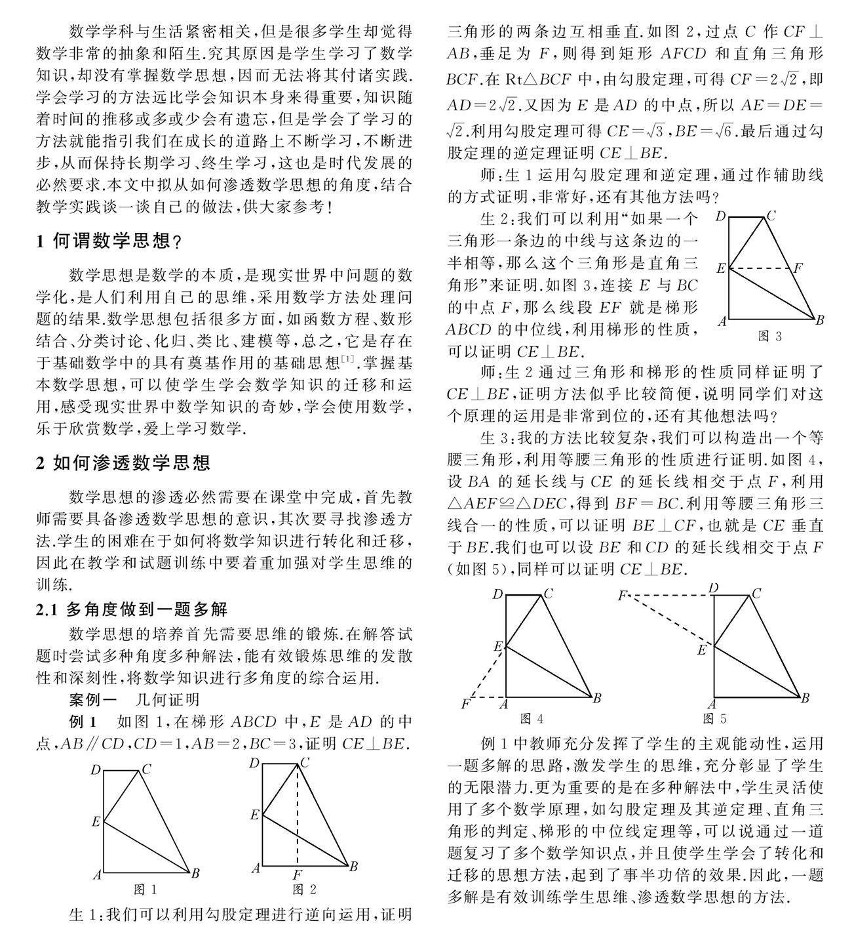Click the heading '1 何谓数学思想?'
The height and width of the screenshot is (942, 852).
coord(108,241)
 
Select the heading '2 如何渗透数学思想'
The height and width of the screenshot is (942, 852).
coord(123,463)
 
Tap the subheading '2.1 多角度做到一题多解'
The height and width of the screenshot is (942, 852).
coord(131,609)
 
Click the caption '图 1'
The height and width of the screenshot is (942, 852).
coord(145,890)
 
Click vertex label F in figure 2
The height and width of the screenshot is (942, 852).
coord(298,874)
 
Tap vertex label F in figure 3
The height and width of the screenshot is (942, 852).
coord(798,268)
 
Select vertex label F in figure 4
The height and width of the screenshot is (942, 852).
coord(465,704)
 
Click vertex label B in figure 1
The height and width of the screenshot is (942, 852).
coord(195,873)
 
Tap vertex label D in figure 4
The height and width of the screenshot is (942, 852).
coord(498,594)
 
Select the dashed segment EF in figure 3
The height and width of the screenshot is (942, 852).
coord(760,268)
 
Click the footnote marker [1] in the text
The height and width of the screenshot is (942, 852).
coord(348,358)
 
